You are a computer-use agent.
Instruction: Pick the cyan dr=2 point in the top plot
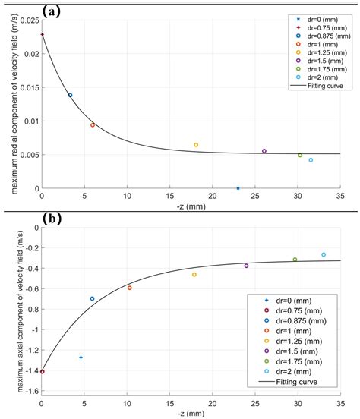point(311,160)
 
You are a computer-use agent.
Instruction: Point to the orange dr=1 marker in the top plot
point(93,125)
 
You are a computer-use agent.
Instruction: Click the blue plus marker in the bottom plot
point(81,358)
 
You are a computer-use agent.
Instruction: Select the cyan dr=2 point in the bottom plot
point(324,255)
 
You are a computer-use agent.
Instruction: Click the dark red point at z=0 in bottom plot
point(42,372)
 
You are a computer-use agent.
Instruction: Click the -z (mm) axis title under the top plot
point(191,207)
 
